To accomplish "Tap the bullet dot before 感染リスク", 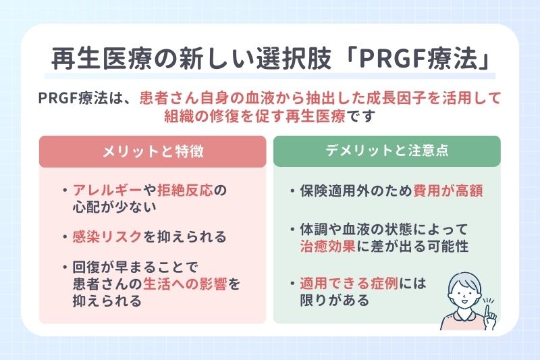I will (64, 238).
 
